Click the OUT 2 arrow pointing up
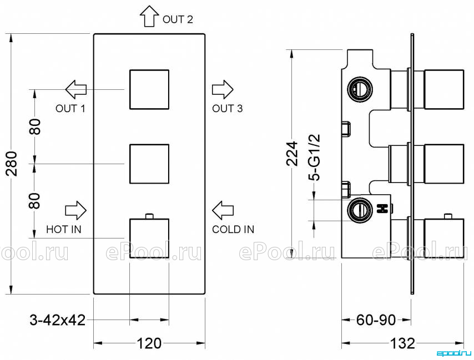click(149, 16)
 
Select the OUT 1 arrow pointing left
click(76, 89)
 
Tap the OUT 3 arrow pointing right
click(223, 89)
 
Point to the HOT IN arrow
click(76, 210)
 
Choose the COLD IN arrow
click(223, 210)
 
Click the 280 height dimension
click(12, 164)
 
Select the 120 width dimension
click(149, 343)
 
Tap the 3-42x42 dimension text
click(57, 320)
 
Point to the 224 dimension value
click(292, 154)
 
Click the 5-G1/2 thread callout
click(314, 158)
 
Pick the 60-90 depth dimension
click(376, 320)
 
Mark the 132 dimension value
click(402, 343)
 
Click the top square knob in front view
click(149, 89)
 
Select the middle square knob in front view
click(149, 164)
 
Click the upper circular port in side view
click(360, 89)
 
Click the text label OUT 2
click(178, 19)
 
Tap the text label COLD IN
click(233, 230)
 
